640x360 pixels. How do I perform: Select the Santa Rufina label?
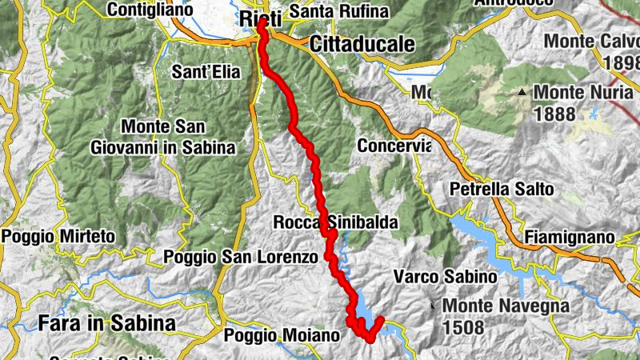338,11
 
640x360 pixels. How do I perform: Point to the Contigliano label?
150,10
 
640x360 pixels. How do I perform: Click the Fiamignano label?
570,238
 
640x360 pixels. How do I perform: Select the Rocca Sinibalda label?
335,223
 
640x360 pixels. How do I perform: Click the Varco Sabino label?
446,277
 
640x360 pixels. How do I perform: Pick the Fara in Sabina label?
106,323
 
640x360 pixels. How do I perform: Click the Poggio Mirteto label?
58,237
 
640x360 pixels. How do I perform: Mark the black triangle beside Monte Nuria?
522,93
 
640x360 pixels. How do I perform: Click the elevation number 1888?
554,114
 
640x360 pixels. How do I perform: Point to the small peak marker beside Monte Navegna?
433,305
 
